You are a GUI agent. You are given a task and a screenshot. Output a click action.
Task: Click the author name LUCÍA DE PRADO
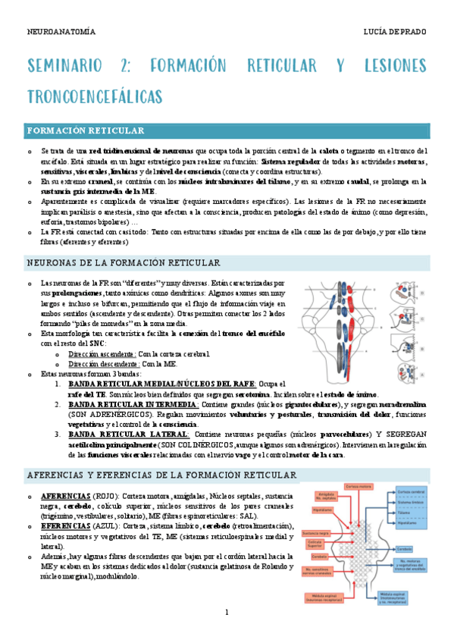(x=396, y=32)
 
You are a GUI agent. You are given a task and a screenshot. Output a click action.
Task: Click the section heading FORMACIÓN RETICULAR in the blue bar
(x=86, y=131)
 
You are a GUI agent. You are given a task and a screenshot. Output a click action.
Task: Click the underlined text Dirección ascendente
(x=102, y=354)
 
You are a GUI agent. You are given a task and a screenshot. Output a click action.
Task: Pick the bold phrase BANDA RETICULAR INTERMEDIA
(x=133, y=404)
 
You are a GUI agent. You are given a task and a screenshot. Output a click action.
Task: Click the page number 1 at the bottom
(x=227, y=612)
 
